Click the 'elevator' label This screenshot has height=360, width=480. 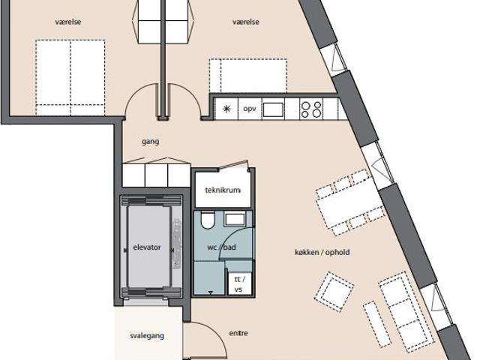(147, 247)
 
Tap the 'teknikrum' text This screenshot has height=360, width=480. (223, 190)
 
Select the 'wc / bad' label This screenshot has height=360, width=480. (221, 247)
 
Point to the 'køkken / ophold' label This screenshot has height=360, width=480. (322, 252)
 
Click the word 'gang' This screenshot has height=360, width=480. (150, 142)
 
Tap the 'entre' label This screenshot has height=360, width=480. (238, 333)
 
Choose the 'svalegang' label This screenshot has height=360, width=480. (147, 336)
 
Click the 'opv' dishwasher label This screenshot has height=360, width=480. (250, 109)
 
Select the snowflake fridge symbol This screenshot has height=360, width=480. (226, 109)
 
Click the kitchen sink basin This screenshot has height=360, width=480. (273, 109)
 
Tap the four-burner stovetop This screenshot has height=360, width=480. (311, 109)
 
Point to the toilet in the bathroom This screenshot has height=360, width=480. (208, 220)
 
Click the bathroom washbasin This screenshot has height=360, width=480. (235, 220)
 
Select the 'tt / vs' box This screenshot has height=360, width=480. (240, 284)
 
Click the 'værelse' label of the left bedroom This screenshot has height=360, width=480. (68, 22)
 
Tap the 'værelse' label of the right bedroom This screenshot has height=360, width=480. (246, 22)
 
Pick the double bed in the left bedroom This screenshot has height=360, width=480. (70, 77)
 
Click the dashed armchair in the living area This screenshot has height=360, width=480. (334, 292)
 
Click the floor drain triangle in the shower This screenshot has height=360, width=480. (211, 293)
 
